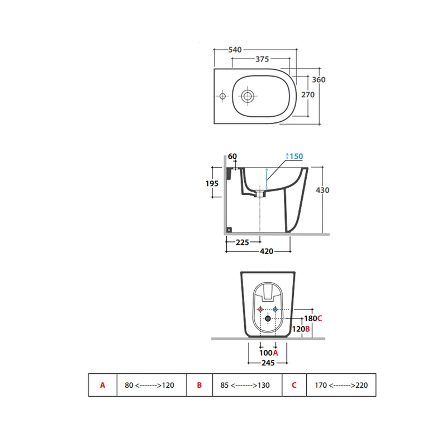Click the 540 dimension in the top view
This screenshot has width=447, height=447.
[235, 50]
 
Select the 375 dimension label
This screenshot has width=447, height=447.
[262, 59]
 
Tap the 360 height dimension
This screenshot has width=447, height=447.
[318, 79]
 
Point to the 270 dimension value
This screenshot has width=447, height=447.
[308, 94]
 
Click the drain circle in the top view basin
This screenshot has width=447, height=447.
[248, 96]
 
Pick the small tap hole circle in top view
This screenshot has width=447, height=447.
[222, 96]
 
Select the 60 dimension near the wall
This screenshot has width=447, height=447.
[232, 156]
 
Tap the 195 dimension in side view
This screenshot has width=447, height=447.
[212, 183]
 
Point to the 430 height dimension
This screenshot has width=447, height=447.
[322, 190]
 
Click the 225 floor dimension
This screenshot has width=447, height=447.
[242, 242]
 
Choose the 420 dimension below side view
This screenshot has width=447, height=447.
[267, 251]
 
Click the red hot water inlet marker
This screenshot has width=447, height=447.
[260, 310]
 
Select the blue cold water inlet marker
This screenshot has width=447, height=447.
[275, 310]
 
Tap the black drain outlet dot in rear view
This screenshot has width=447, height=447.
[268, 318]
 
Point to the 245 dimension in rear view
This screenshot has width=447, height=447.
[268, 363]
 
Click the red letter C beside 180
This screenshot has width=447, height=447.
[320, 318]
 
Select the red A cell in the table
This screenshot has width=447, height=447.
[103, 385]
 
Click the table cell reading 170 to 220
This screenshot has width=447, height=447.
[341, 385]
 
